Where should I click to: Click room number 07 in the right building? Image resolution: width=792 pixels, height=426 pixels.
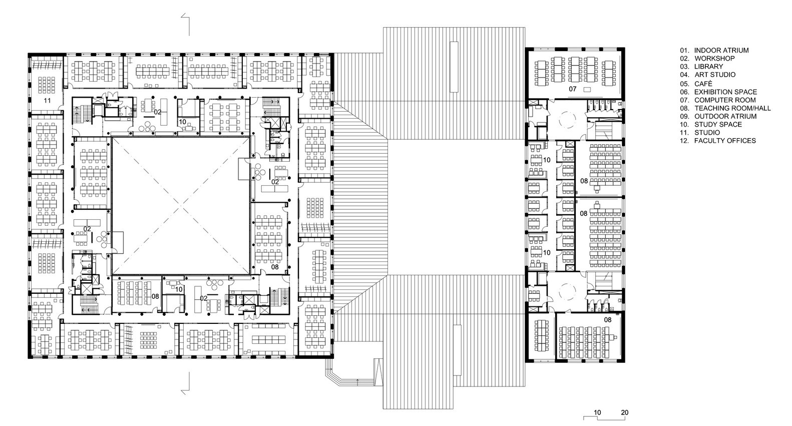click(572, 89)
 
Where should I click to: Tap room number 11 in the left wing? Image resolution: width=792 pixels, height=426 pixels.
click(48, 101)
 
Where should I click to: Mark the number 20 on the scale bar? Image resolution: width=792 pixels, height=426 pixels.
click(624, 413)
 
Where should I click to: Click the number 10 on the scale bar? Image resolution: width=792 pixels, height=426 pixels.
click(597, 413)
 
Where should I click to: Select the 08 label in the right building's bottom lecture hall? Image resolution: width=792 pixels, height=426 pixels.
click(607, 319)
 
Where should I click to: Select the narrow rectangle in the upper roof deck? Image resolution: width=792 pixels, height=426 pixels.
click(454, 67)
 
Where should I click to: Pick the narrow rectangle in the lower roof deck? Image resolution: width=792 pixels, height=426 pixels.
click(457, 349)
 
